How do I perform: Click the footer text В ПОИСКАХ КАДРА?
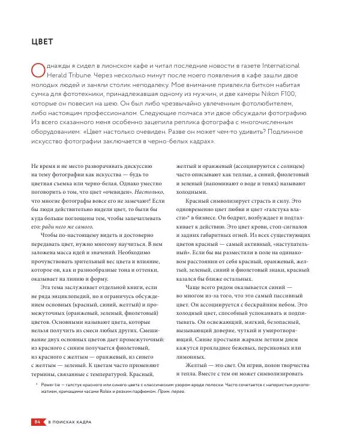pyautogui.click(x=73, y=423)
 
